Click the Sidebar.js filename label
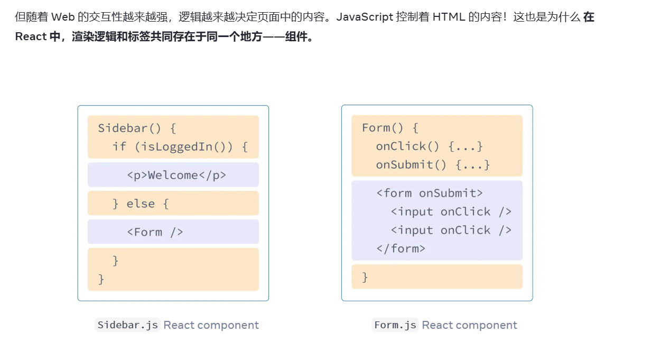click(x=127, y=325)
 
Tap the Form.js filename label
click(x=395, y=325)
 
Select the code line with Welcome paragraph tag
click(x=176, y=175)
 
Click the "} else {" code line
click(x=141, y=204)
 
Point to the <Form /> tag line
click(x=155, y=232)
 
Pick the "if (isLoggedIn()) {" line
click(x=180, y=146)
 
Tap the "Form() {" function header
click(x=390, y=127)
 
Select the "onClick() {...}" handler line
click(x=429, y=146)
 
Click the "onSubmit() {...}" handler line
click(x=433, y=164)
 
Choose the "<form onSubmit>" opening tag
click(x=429, y=193)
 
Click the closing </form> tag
click(x=400, y=248)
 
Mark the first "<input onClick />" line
click(x=451, y=211)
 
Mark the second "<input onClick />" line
click(x=451, y=230)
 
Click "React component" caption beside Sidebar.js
click(x=211, y=325)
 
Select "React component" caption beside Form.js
click(x=470, y=325)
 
